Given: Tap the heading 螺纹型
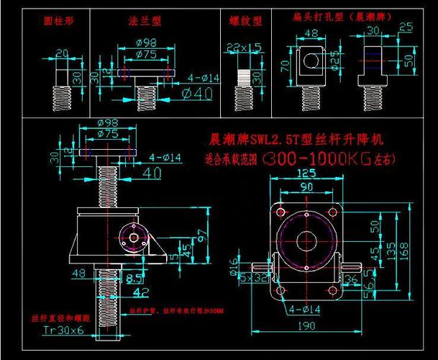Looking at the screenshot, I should pyautogui.click(x=245, y=22).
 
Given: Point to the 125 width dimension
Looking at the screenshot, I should pyautogui.click(x=306, y=174).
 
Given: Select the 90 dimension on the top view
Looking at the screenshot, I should pyautogui.click(x=306, y=187).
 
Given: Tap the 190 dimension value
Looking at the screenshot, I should pyautogui.click(x=307, y=326).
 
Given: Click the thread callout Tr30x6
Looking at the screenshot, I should pyautogui.click(x=63, y=330).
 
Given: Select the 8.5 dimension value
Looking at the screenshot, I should pyautogui.click(x=134, y=276).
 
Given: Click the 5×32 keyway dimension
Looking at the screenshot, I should pyautogui.click(x=252, y=276).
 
